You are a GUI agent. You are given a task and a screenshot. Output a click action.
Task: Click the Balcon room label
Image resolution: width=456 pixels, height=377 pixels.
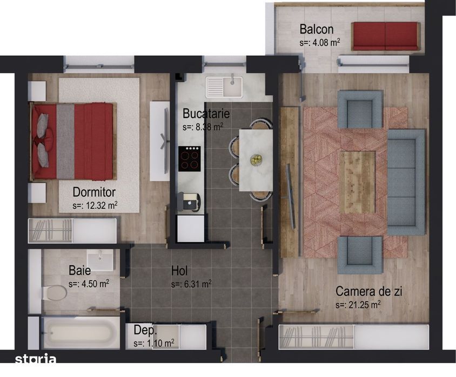(317, 29)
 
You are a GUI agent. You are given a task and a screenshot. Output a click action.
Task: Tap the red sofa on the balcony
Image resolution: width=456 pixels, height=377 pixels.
(385, 36)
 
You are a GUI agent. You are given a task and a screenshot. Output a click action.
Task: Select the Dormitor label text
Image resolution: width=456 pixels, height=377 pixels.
(94, 192)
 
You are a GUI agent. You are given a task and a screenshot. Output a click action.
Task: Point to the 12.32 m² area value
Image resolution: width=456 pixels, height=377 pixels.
(95, 205)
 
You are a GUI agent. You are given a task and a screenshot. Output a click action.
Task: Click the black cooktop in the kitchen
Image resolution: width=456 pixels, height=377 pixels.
(190, 159)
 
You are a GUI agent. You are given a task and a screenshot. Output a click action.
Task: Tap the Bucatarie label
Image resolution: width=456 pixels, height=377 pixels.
(206, 114)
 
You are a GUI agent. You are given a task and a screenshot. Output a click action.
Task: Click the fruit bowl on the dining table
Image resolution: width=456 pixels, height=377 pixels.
(256, 160)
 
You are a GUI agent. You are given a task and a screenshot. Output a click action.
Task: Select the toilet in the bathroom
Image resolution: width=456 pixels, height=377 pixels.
(53, 293)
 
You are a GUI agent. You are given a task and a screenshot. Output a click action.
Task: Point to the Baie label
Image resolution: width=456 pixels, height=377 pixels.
(79, 270)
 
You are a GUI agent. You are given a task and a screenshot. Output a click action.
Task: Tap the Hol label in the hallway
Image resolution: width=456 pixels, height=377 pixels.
(179, 271)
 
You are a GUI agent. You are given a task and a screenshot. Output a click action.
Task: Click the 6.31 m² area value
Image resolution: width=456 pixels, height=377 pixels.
(191, 284)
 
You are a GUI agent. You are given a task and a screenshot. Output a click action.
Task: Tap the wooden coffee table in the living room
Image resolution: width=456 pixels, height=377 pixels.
(357, 181)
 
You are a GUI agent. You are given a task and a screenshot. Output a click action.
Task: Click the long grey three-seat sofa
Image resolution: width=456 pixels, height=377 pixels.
(406, 182)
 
